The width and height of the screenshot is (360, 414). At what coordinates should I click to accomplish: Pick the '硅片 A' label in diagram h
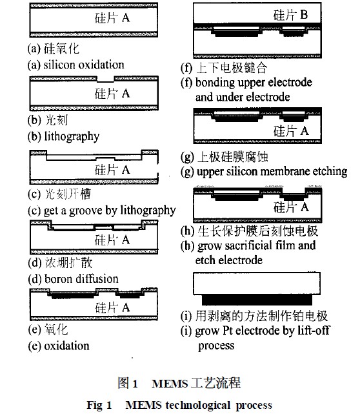click(291, 207)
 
